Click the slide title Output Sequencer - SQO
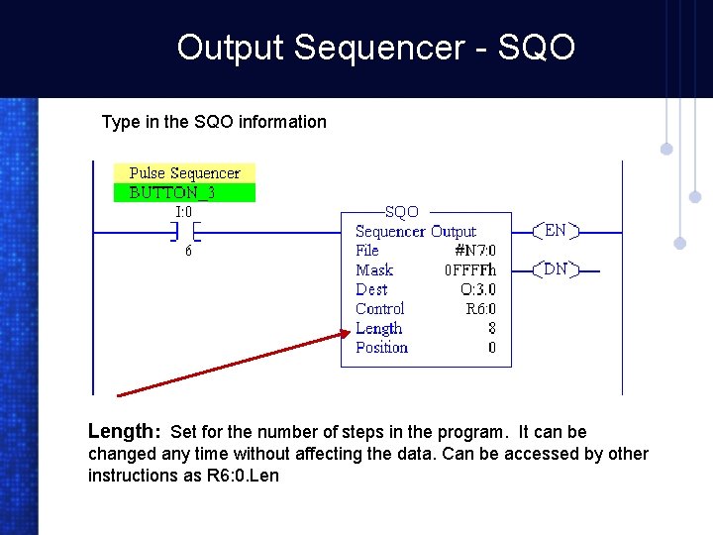[x=375, y=47]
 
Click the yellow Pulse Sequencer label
[x=184, y=173]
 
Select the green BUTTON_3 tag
[x=184, y=192]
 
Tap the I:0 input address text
[x=184, y=211]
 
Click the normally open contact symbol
[x=184, y=232]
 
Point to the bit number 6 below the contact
[x=188, y=252]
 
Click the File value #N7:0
[x=474, y=251]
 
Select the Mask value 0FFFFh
[x=470, y=270]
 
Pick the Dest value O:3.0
[x=478, y=289]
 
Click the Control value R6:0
[x=480, y=309]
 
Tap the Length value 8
[x=492, y=328]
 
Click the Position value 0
[x=492, y=348]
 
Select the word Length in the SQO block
[x=378, y=328]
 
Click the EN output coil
[x=556, y=231]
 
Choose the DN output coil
[x=556, y=269]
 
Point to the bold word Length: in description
[x=125, y=432]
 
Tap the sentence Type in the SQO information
[x=214, y=122]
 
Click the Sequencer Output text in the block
[x=416, y=231]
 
